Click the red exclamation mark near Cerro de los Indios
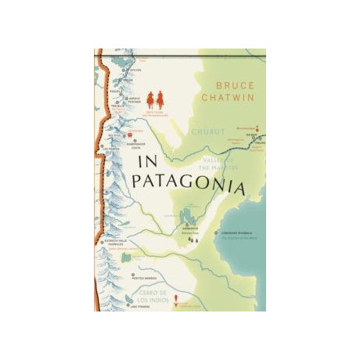point(176,298)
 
